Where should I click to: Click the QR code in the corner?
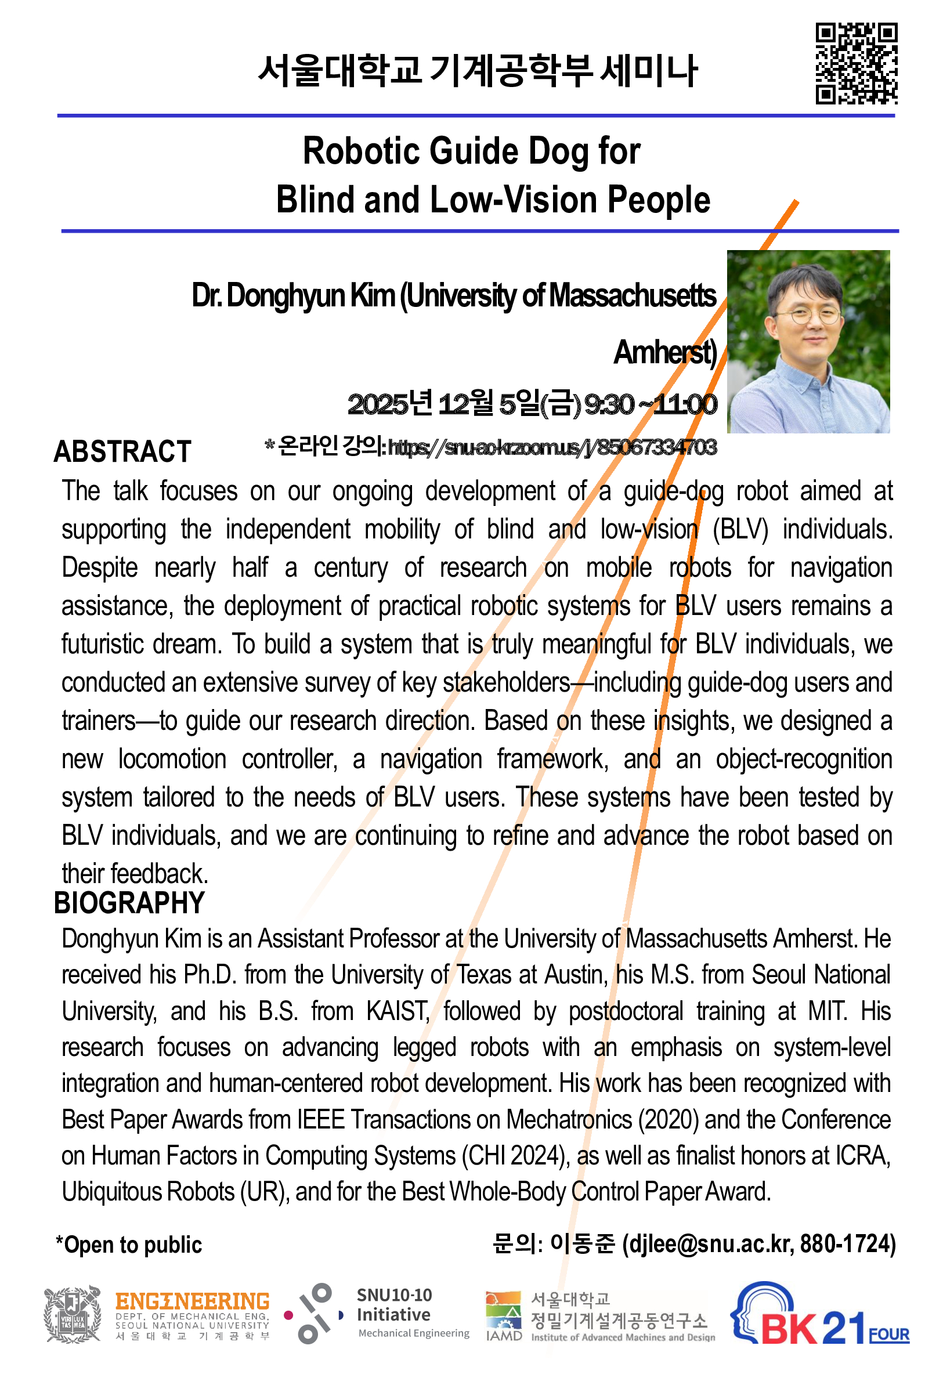[x=856, y=63]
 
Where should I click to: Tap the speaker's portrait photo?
[x=808, y=342]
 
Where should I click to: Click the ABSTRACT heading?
[x=122, y=452]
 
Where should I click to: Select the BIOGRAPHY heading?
[x=129, y=903]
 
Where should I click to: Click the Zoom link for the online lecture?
[x=551, y=448]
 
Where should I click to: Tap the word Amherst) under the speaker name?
[x=665, y=353]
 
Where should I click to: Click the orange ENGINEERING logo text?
[x=192, y=1301]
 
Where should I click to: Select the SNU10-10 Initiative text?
[x=394, y=1304]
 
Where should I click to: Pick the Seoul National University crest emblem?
[x=73, y=1314]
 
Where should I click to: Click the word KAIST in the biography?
[x=398, y=1011]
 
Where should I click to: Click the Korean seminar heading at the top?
[x=478, y=71]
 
